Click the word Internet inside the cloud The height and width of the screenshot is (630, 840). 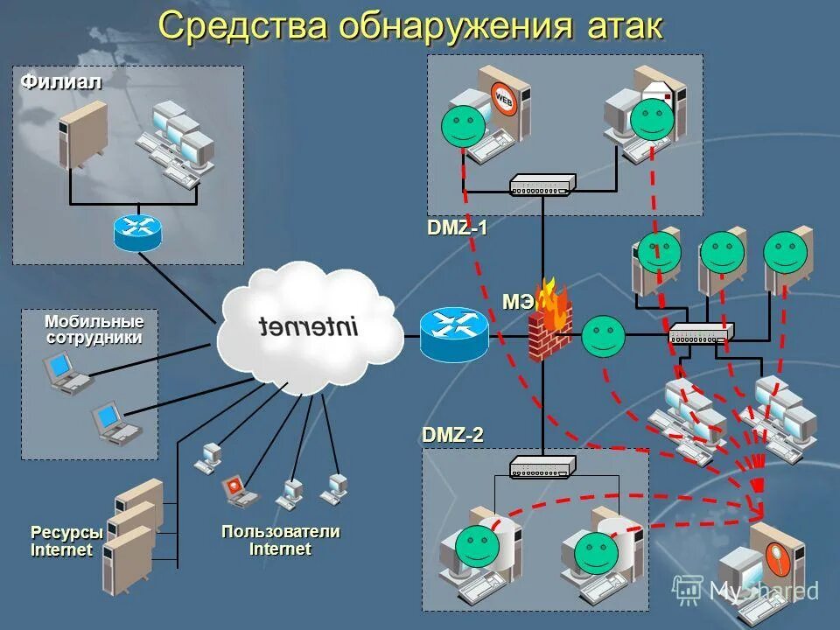coord(309,327)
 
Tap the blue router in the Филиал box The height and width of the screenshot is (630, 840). coord(137,231)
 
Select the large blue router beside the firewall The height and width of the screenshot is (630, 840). coord(453,332)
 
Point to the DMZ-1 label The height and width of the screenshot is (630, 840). coord(457,228)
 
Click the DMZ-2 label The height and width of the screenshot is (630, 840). coord(452,435)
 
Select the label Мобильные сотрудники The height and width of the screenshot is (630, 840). coord(94,331)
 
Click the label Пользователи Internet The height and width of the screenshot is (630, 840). coord(280,540)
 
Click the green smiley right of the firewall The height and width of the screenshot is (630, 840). coord(604,336)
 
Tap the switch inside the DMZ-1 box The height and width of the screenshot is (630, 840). coord(542,185)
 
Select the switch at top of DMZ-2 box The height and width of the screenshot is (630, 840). coord(542,466)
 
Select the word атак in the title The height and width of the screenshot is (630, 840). coord(620,26)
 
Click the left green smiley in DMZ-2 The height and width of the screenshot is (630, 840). coord(477,546)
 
